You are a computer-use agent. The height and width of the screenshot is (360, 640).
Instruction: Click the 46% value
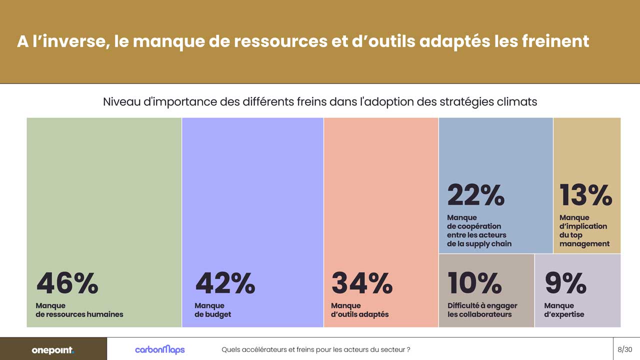[67, 283]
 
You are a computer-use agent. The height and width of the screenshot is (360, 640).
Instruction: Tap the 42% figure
[225, 283]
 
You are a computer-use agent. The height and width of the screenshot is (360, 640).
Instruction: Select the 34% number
[361, 283]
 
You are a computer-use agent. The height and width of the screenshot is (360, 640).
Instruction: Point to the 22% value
[475, 195]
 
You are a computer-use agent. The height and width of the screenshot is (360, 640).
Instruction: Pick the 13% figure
[585, 195]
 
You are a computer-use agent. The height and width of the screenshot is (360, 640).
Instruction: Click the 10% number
[474, 283]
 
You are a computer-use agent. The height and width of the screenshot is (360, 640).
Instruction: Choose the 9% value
[565, 283]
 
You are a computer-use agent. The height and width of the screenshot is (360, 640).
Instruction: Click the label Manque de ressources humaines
[79, 310]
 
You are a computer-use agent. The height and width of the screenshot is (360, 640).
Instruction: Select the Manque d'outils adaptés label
[359, 310]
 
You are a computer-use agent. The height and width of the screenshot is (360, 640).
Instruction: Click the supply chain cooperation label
[479, 230]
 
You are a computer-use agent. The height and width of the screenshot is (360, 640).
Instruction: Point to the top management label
[584, 230]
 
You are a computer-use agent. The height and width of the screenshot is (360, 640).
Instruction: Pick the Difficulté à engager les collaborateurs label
[482, 310]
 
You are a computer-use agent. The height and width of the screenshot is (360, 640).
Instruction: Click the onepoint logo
[52, 350]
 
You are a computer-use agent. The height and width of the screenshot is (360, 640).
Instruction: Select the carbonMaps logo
[159, 349]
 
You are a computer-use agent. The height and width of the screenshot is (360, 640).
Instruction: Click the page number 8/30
[625, 349]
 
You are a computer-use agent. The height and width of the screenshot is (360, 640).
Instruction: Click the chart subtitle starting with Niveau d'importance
[320, 101]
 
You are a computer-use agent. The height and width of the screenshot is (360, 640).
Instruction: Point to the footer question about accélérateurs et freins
[316, 349]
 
